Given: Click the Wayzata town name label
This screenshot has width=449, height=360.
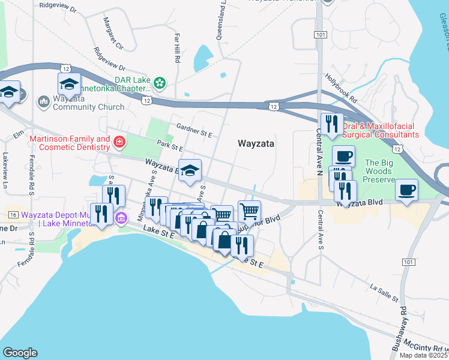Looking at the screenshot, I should (x=258, y=144).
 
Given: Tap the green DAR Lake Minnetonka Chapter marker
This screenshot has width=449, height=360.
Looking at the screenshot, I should (x=160, y=82).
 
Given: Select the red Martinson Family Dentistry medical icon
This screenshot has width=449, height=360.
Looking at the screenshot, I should (x=119, y=142).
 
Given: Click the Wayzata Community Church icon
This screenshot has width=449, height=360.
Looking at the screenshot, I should (x=43, y=101).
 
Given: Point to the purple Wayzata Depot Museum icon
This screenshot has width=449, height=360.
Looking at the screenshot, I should (x=122, y=217).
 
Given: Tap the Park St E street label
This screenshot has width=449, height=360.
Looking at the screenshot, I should (x=169, y=145).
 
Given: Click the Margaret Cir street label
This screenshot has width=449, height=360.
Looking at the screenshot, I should (x=112, y=37).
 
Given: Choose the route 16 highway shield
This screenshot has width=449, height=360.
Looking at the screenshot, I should (x=12, y=214).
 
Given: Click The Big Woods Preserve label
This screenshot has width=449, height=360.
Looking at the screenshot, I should (x=380, y=171).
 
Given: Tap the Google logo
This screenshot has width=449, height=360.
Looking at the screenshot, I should (x=20, y=353).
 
